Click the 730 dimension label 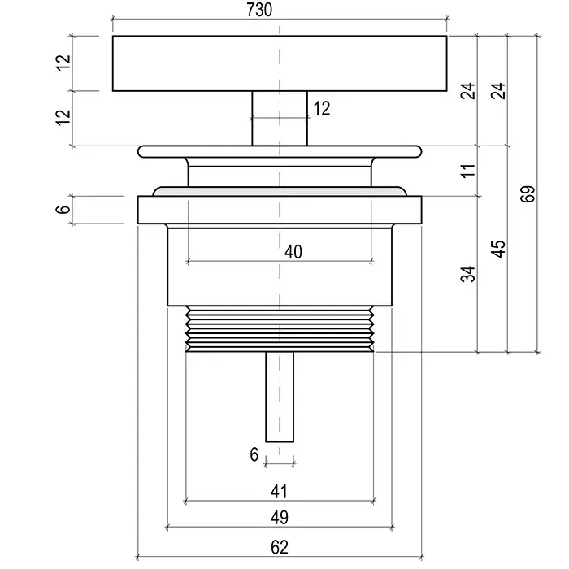pyautogui.click(x=259, y=10)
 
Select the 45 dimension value pyautogui.click(x=498, y=249)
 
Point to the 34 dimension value pyautogui.click(x=468, y=274)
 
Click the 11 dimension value pyautogui.click(x=468, y=170)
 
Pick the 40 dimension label pyautogui.click(x=293, y=251)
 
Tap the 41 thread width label pyautogui.click(x=279, y=491)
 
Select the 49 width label pyautogui.click(x=280, y=517)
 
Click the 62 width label pyautogui.click(x=280, y=547)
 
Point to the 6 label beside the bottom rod pyautogui.click(x=254, y=454)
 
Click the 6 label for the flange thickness pyautogui.click(x=63, y=209)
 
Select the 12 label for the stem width pyautogui.click(x=322, y=108)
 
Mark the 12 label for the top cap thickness pyautogui.click(x=63, y=63)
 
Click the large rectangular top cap pyautogui.click(x=280, y=63)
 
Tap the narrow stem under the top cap pyautogui.click(x=280, y=119)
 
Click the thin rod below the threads pyautogui.click(x=280, y=397)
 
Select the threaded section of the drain pyautogui.click(x=280, y=328)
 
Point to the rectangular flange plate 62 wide pyautogui.click(x=280, y=210)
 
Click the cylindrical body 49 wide pyautogui.click(x=280, y=267)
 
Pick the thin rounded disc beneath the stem pyautogui.click(x=280, y=151)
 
